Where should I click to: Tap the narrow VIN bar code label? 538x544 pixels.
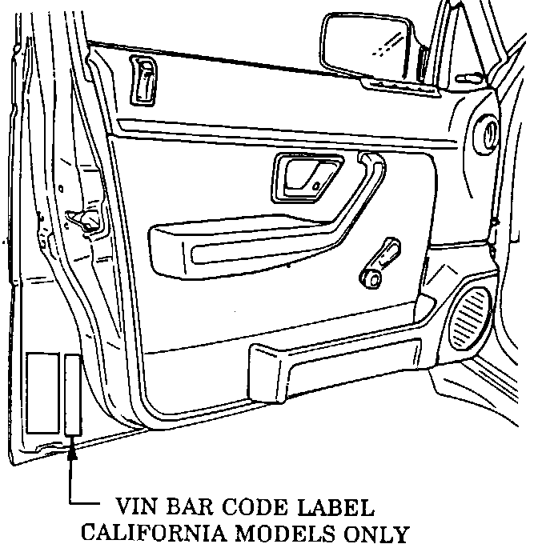pyautogui.click(x=73, y=395)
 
